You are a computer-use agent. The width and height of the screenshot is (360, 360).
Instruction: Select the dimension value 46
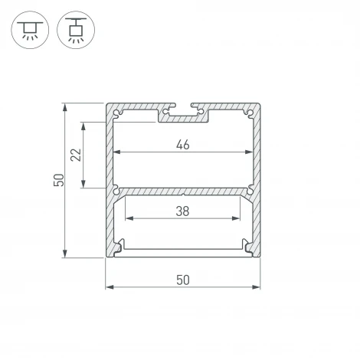[182, 142]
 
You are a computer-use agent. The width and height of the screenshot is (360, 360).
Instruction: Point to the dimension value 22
[75, 155]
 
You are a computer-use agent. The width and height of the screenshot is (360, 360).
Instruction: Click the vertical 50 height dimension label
[57, 180]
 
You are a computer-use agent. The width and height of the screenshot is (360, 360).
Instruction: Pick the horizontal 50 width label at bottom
[182, 280]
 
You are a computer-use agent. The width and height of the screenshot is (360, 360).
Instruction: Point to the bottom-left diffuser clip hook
[119, 246]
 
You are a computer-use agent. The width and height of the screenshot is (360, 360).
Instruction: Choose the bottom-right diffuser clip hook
[244, 246]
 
